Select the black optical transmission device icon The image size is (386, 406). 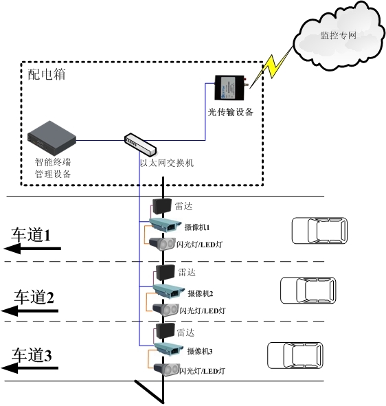(229, 89)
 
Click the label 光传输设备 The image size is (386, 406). (231, 112)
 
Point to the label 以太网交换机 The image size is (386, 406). (167, 163)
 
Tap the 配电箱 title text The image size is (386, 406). (47, 75)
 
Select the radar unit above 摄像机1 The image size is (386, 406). (162, 205)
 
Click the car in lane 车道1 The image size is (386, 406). (319, 231)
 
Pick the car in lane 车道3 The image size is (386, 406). (295, 356)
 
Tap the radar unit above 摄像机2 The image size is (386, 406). (164, 271)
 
